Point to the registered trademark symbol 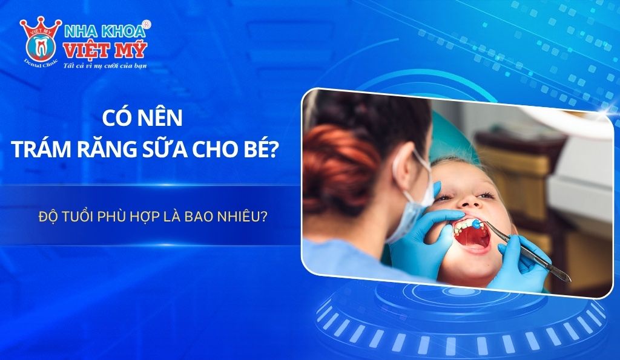point(147,24)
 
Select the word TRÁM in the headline point(42,148)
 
